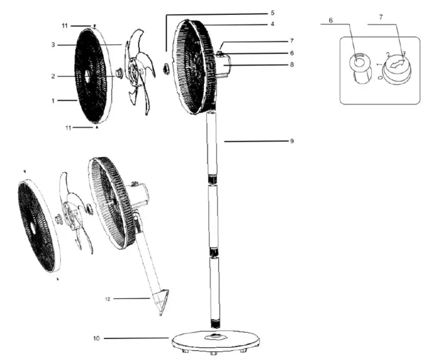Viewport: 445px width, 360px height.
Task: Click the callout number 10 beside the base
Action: [x=96, y=338]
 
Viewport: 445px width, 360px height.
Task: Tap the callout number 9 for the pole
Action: [x=292, y=141]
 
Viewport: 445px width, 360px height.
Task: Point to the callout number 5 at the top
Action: [x=273, y=12]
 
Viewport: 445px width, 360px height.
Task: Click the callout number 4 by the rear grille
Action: [x=273, y=24]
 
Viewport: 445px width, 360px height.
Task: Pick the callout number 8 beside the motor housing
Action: [x=292, y=65]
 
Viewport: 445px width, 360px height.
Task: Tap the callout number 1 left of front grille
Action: [x=53, y=101]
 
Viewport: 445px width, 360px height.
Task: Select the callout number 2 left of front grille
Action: [x=53, y=77]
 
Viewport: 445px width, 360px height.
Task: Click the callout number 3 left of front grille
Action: [x=53, y=45]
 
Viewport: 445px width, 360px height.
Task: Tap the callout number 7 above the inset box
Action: [x=380, y=17]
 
